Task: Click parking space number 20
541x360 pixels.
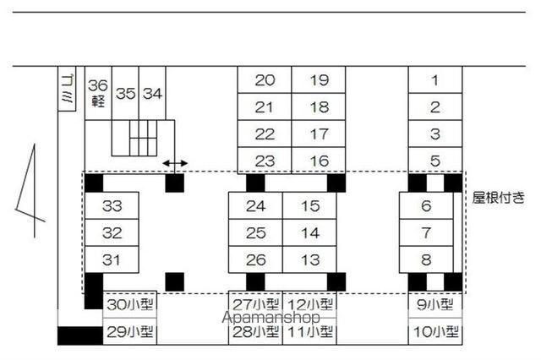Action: [x=265, y=81]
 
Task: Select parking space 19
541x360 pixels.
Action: [x=319, y=81]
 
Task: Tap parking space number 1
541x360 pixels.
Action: [x=435, y=81]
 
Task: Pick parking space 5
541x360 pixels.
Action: [x=435, y=161]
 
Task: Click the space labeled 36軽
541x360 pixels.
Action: [x=98, y=93]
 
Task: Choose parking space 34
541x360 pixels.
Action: [x=152, y=93]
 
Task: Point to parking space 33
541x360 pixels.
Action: [x=112, y=205]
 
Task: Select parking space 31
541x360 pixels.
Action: [x=112, y=259]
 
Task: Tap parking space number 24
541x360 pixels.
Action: [x=256, y=205]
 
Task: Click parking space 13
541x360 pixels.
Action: [x=310, y=259]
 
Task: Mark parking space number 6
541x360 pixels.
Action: [x=426, y=205]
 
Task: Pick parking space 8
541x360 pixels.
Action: [x=426, y=259]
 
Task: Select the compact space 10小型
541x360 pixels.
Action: [x=437, y=332]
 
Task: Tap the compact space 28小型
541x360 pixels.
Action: [x=255, y=332]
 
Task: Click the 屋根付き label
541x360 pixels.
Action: [x=500, y=198]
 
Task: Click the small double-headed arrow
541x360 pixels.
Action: [x=175, y=162]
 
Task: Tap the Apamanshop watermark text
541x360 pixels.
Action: [x=270, y=319]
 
